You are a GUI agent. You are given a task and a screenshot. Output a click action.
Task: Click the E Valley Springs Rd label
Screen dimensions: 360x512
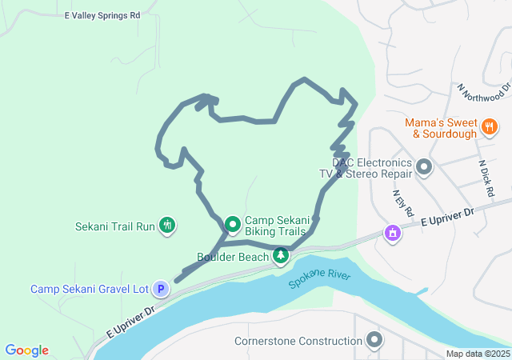click(102, 15)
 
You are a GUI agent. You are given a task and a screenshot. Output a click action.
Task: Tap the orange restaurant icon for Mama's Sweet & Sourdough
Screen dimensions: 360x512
click(489, 126)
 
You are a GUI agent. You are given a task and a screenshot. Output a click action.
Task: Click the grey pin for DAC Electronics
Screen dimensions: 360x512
click(424, 167)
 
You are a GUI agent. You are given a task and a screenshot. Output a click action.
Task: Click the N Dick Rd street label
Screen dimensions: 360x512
click(485, 180)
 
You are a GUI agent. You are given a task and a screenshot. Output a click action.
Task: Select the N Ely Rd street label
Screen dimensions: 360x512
click(402, 203)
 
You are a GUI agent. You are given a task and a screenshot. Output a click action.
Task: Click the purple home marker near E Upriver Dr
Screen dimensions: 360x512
click(393, 233)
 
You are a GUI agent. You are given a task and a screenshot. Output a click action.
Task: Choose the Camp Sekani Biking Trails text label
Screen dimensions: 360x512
click(275, 226)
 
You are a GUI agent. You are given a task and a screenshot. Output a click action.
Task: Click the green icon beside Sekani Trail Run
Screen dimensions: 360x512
click(167, 226)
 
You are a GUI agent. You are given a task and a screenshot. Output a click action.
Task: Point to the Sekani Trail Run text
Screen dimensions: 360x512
click(115, 226)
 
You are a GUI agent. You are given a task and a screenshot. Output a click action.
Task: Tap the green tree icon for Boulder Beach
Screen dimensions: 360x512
click(281, 256)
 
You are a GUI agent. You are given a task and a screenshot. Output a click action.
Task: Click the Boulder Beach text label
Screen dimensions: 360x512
click(233, 257)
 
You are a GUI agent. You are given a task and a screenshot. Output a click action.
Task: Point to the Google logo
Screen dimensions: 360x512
click(26, 350)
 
